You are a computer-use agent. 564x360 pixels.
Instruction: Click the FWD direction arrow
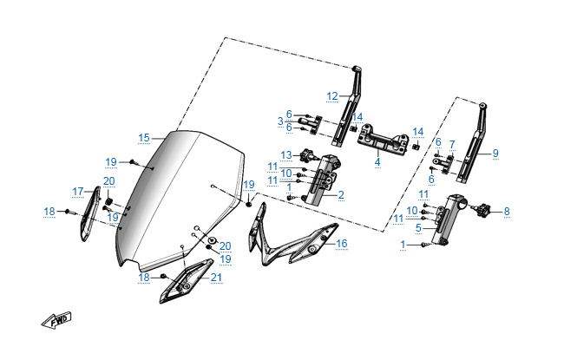(56, 320)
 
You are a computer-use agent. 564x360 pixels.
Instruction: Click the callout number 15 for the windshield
(143, 138)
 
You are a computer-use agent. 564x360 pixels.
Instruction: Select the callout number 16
(341, 244)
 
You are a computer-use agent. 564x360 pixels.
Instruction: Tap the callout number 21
(216, 278)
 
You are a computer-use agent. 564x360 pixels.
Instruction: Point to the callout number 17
(78, 192)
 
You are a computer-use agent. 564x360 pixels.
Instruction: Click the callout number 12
(332, 96)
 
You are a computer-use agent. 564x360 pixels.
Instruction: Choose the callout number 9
(495, 153)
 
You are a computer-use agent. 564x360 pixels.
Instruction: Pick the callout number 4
(377, 162)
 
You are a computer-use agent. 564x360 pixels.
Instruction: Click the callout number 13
(286, 155)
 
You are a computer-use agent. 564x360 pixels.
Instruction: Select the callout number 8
(507, 211)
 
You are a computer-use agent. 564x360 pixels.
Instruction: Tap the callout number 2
(341, 195)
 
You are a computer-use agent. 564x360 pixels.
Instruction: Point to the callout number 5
(418, 227)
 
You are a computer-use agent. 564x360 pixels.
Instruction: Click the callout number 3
(280, 121)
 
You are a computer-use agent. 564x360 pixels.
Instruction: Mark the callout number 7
(452, 145)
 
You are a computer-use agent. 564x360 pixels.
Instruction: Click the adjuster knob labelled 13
(308, 155)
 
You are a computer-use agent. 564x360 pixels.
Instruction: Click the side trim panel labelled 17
(89, 213)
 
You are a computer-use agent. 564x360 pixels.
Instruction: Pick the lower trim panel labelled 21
(185, 280)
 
